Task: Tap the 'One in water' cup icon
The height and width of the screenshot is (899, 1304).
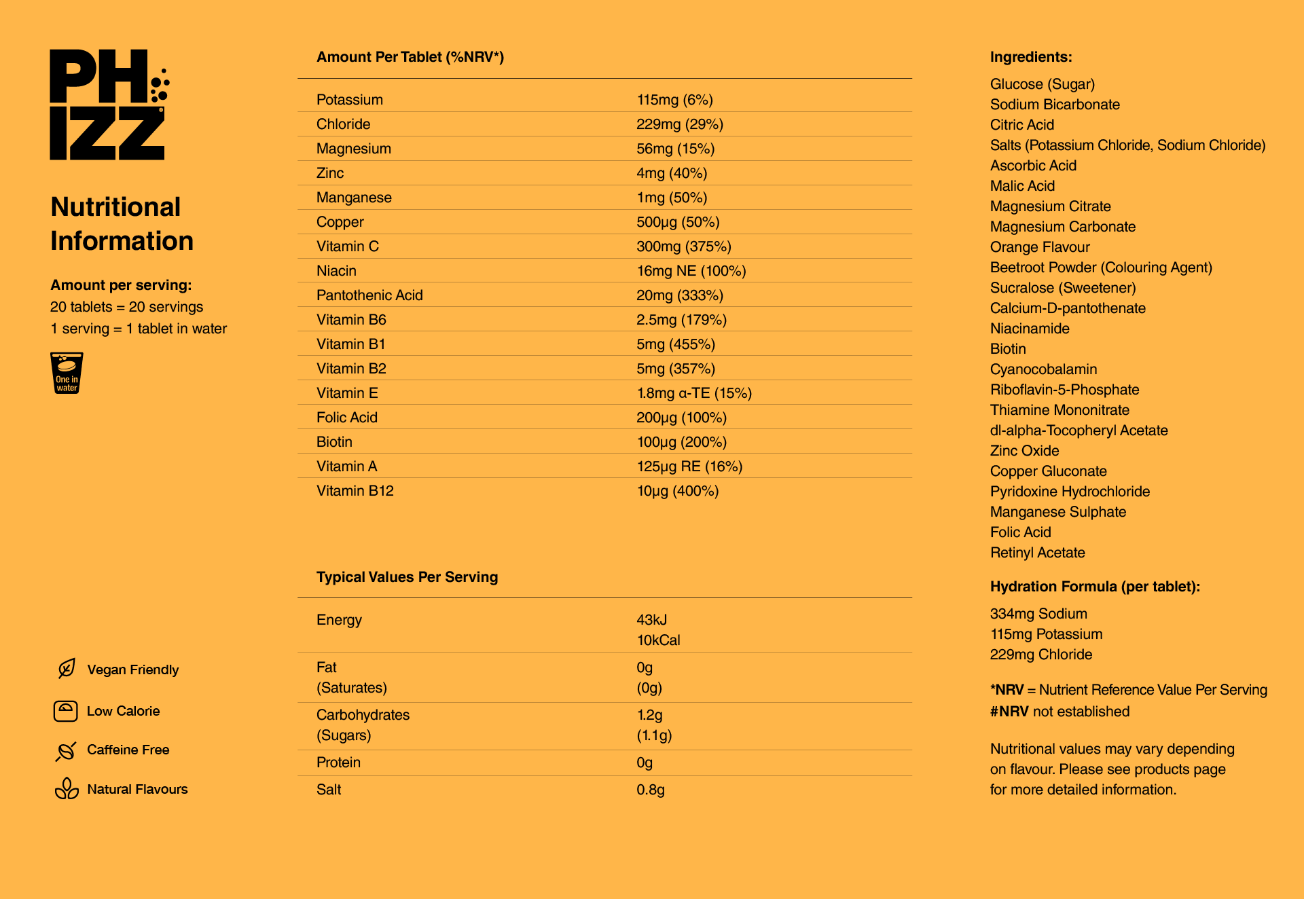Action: (67, 373)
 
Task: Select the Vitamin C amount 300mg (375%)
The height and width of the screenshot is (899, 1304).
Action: (683, 246)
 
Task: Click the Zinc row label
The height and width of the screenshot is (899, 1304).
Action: (330, 173)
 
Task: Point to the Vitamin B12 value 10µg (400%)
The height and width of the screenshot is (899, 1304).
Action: (677, 491)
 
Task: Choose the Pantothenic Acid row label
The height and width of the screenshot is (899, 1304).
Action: (369, 295)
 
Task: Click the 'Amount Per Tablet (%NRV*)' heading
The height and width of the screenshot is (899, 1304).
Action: (410, 57)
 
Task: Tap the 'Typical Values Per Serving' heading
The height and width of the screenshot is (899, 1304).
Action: (407, 577)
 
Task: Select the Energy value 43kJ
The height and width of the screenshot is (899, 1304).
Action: (651, 620)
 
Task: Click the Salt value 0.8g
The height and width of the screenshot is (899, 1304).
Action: (650, 790)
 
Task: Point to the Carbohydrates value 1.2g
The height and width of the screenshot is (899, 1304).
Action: (649, 715)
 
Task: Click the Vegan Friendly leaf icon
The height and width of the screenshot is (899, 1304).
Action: (67, 669)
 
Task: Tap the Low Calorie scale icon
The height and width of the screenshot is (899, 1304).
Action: (66, 711)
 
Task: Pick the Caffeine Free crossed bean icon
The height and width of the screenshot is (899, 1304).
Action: (66, 750)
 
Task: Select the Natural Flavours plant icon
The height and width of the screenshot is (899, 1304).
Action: (67, 789)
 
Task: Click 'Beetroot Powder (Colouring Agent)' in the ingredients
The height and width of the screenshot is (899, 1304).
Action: (1100, 268)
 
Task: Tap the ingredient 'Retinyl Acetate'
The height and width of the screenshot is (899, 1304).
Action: (1037, 553)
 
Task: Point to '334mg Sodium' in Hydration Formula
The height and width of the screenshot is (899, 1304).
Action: (1038, 614)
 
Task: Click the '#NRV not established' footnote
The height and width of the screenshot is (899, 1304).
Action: (1059, 712)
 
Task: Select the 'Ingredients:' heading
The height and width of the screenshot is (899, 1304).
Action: (1030, 57)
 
